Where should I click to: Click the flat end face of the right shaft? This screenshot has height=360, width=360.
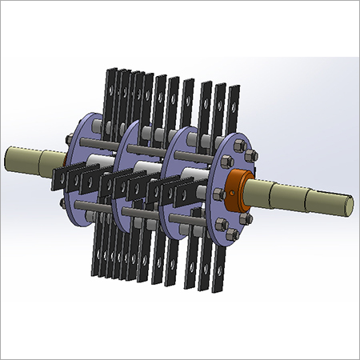click(349, 203)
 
